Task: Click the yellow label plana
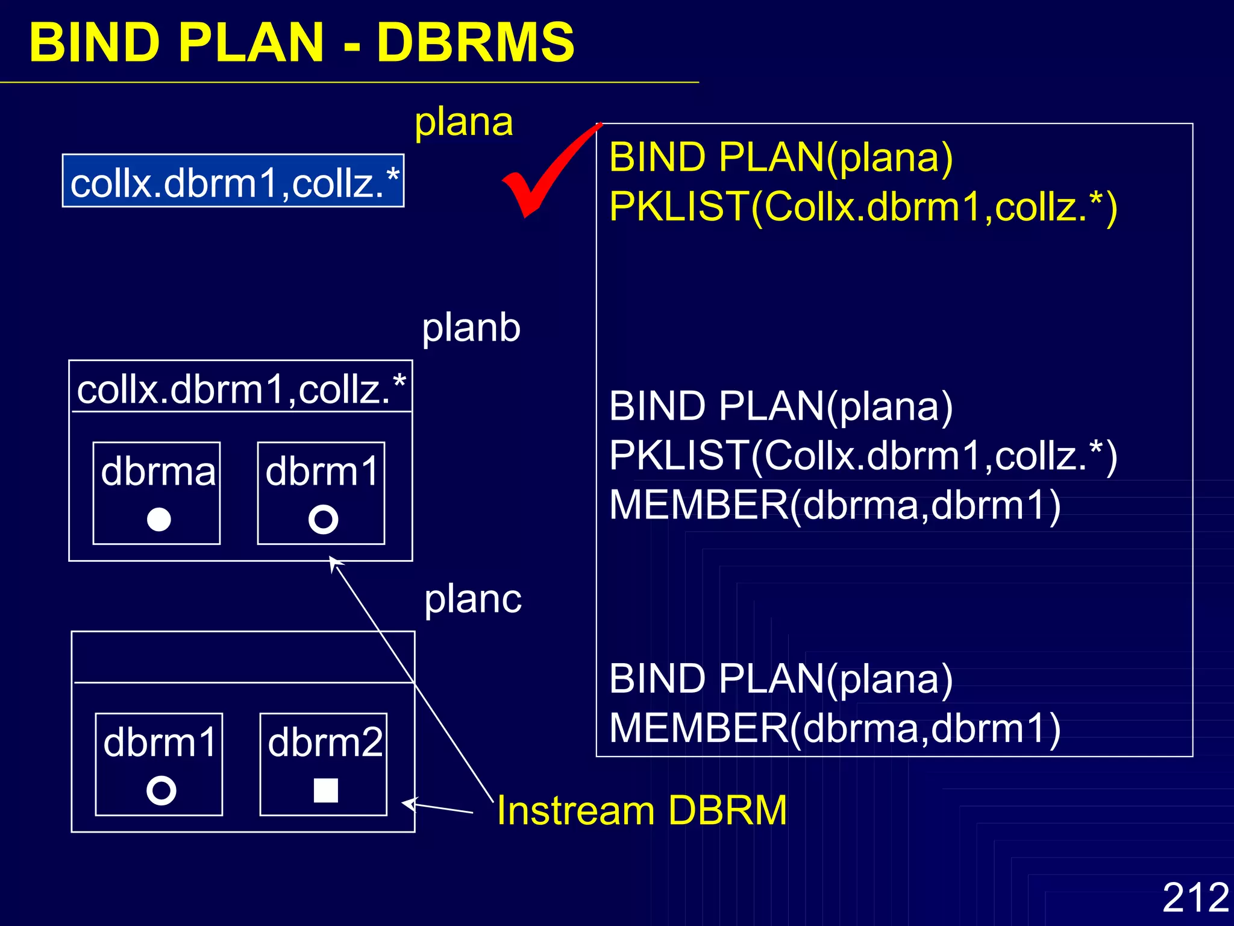click(x=464, y=122)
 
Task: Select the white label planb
click(x=471, y=328)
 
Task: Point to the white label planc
click(x=473, y=599)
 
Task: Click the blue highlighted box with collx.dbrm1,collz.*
click(x=234, y=181)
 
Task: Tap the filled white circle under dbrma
click(x=159, y=519)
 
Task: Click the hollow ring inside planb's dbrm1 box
click(x=323, y=519)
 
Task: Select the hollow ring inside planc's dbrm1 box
click(x=161, y=790)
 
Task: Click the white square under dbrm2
click(x=326, y=790)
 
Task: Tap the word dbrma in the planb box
click(x=158, y=471)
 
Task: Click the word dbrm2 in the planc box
click(x=325, y=743)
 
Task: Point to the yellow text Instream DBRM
click(x=642, y=810)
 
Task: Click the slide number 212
click(x=1195, y=897)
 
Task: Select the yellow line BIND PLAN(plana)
click(x=781, y=158)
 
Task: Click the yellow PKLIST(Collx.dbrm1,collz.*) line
click(x=863, y=207)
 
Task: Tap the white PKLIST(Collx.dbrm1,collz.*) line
click(x=863, y=456)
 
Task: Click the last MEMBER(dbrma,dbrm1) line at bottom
click(x=835, y=728)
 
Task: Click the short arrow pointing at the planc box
click(x=437, y=808)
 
